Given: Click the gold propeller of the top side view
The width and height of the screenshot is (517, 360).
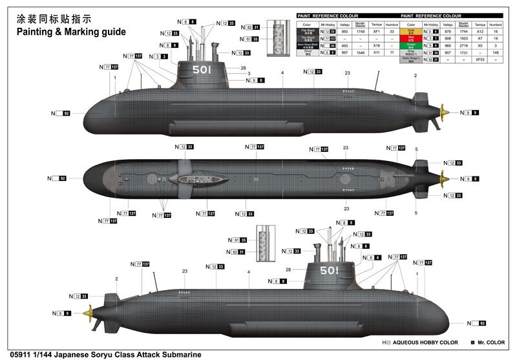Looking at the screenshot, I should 445,112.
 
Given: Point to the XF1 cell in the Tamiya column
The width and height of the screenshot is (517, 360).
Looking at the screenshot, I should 377,31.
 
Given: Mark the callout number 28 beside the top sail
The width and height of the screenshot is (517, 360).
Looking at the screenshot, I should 244,68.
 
